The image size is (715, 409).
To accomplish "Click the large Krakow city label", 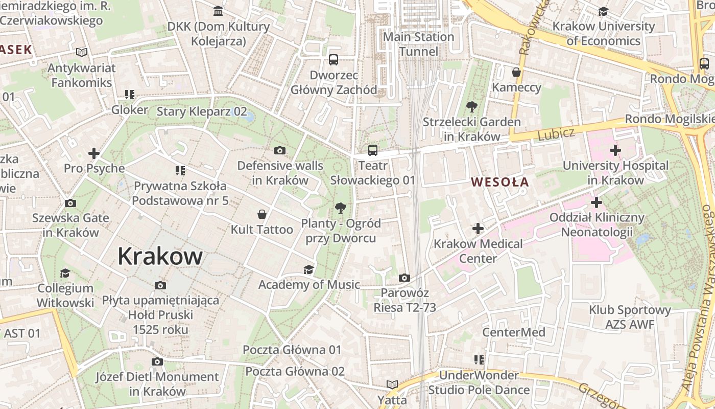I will point(160,256).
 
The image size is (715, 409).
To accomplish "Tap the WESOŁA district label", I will point(499,182).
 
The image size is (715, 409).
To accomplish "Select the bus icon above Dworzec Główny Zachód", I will point(333,60).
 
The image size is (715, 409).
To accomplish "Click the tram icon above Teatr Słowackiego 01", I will point(373,150).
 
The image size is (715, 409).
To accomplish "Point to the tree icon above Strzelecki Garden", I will point(471,107).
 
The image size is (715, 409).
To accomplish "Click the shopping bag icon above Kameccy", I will point(516,72).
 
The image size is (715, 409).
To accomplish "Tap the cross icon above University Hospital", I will point(615,150).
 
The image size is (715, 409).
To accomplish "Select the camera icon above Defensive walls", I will point(279,150).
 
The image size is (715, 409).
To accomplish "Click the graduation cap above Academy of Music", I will point(308,269).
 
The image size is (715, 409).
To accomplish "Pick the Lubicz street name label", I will point(556,134).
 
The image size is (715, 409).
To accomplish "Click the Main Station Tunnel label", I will point(418,44).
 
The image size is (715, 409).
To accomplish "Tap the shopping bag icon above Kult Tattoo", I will point(262,214).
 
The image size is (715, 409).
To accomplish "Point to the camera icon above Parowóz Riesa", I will point(404,278).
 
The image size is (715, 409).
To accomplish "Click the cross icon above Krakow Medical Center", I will point(478,228).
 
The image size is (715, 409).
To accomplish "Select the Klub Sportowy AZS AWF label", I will point(629,317).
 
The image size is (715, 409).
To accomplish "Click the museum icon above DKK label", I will point(218,11).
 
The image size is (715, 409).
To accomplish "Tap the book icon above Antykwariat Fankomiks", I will point(82,52).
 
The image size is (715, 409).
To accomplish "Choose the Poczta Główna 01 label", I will point(292,350).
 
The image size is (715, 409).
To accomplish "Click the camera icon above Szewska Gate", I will point(70,203).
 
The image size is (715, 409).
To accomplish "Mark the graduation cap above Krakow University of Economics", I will point(603,11).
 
